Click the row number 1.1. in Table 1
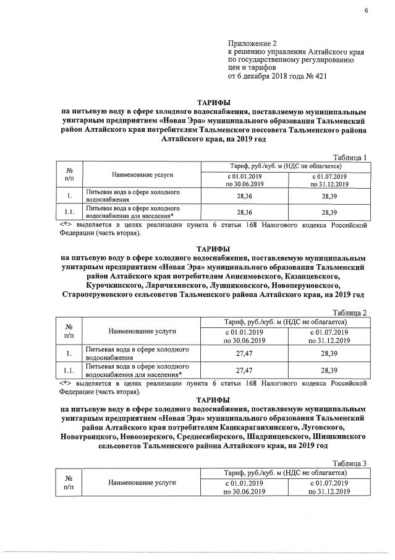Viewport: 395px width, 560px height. pyautogui.click(x=69, y=213)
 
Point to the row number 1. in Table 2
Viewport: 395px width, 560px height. pyautogui.click(x=69, y=355)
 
